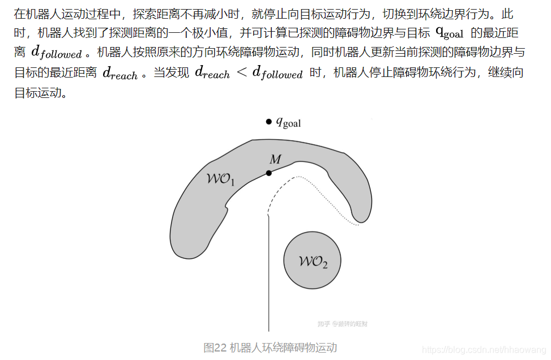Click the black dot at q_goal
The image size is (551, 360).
[268, 122]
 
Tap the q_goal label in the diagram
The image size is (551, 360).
[288, 122]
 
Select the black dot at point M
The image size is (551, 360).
[268, 173]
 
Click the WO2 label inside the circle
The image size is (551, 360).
[313, 262]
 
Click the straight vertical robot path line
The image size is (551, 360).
[268, 272]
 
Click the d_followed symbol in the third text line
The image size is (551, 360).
[56, 53]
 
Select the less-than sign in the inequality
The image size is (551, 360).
[241, 72]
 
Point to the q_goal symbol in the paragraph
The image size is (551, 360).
[450, 33]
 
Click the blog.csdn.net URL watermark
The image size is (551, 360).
[484, 351]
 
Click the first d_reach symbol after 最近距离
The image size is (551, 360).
[119, 73]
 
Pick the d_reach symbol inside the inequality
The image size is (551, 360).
[212, 72]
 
